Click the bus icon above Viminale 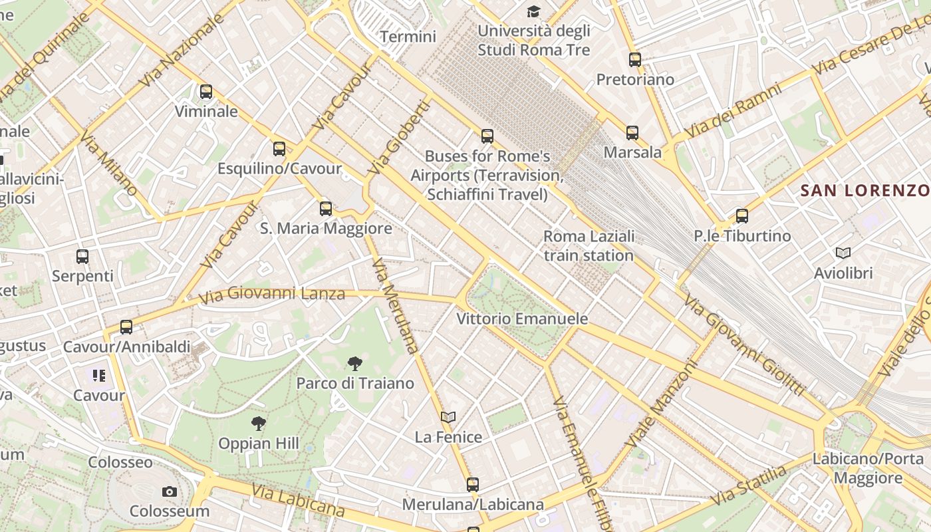point(206,92)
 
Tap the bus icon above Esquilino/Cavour point(279,149)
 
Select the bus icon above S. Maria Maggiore point(326,209)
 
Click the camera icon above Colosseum point(170,491)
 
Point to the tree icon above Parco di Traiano point(355,363)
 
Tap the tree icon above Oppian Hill point(259,423)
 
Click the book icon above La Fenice point(448,417)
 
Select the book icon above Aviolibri point(843,253)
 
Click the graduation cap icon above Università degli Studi point(533,11)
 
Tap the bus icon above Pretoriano point(635,60)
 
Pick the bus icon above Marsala point(632,133)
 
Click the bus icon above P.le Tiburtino point(742,216)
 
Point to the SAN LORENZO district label point(865,191)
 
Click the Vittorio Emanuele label point(522,319)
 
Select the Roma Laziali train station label point(589,245)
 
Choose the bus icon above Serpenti point(82,256)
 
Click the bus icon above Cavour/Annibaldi point(126,327)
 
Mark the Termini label point(408,36)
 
